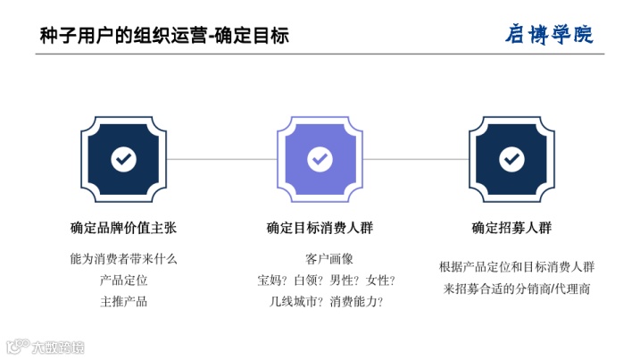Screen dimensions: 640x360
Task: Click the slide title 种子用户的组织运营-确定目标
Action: tap(164, 35)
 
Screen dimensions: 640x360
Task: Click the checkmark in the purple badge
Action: tap(320, 159)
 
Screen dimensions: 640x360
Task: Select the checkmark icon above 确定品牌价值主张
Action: tap(124, 159)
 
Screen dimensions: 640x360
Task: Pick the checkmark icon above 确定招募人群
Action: tap(511, 159)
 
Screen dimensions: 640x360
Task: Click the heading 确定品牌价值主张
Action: tap(124, 227)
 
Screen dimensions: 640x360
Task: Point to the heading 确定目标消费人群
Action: tap(320, 227)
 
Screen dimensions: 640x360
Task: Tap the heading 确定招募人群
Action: tap(511, 227)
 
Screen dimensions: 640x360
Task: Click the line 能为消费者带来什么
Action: tap(124, 259)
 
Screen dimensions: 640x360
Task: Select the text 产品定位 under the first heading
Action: tap(124, 280)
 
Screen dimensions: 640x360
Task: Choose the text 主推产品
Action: tap(124, 301)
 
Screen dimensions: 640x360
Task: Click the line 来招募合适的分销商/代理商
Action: tap(517, 289)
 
